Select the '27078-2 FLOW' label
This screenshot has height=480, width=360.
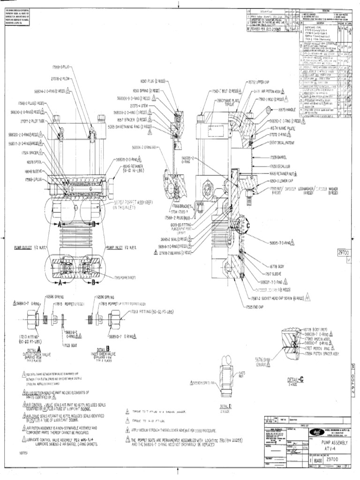[x=60, y=79]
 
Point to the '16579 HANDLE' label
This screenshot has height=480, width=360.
[x=287, y=110]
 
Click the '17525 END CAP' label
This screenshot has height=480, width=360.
[x=254, y=307]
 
